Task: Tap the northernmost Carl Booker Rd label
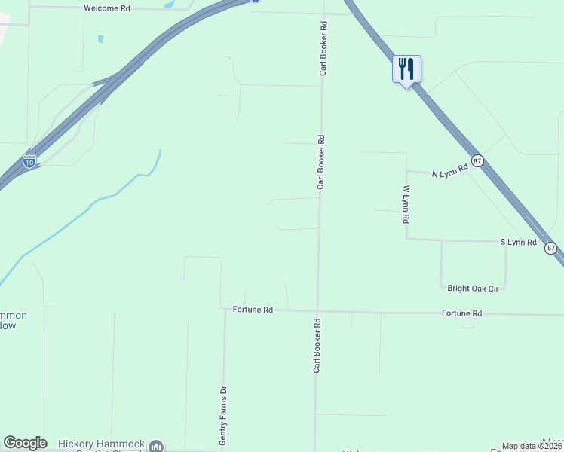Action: point(323,48)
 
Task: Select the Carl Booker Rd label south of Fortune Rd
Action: point(317,345)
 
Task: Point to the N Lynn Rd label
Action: point(450,173)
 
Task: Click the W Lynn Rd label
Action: point(406,203)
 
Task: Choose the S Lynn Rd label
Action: point(518,243)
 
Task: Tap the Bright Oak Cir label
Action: point(473,288)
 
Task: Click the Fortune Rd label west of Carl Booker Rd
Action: point(252,310)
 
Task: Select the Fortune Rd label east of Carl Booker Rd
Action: point(461,313)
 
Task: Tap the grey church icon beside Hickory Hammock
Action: point(156,447)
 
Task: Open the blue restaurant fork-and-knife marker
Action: point(406,69)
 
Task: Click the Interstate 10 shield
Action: point(29,161)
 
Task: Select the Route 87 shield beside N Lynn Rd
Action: point(477,160)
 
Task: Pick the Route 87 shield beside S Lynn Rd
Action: point(550,248)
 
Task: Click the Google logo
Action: point(25,443)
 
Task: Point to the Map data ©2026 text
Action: point(531,446)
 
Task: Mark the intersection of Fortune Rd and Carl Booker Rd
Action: point(317,310)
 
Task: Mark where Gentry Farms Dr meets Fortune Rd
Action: point(225,309)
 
